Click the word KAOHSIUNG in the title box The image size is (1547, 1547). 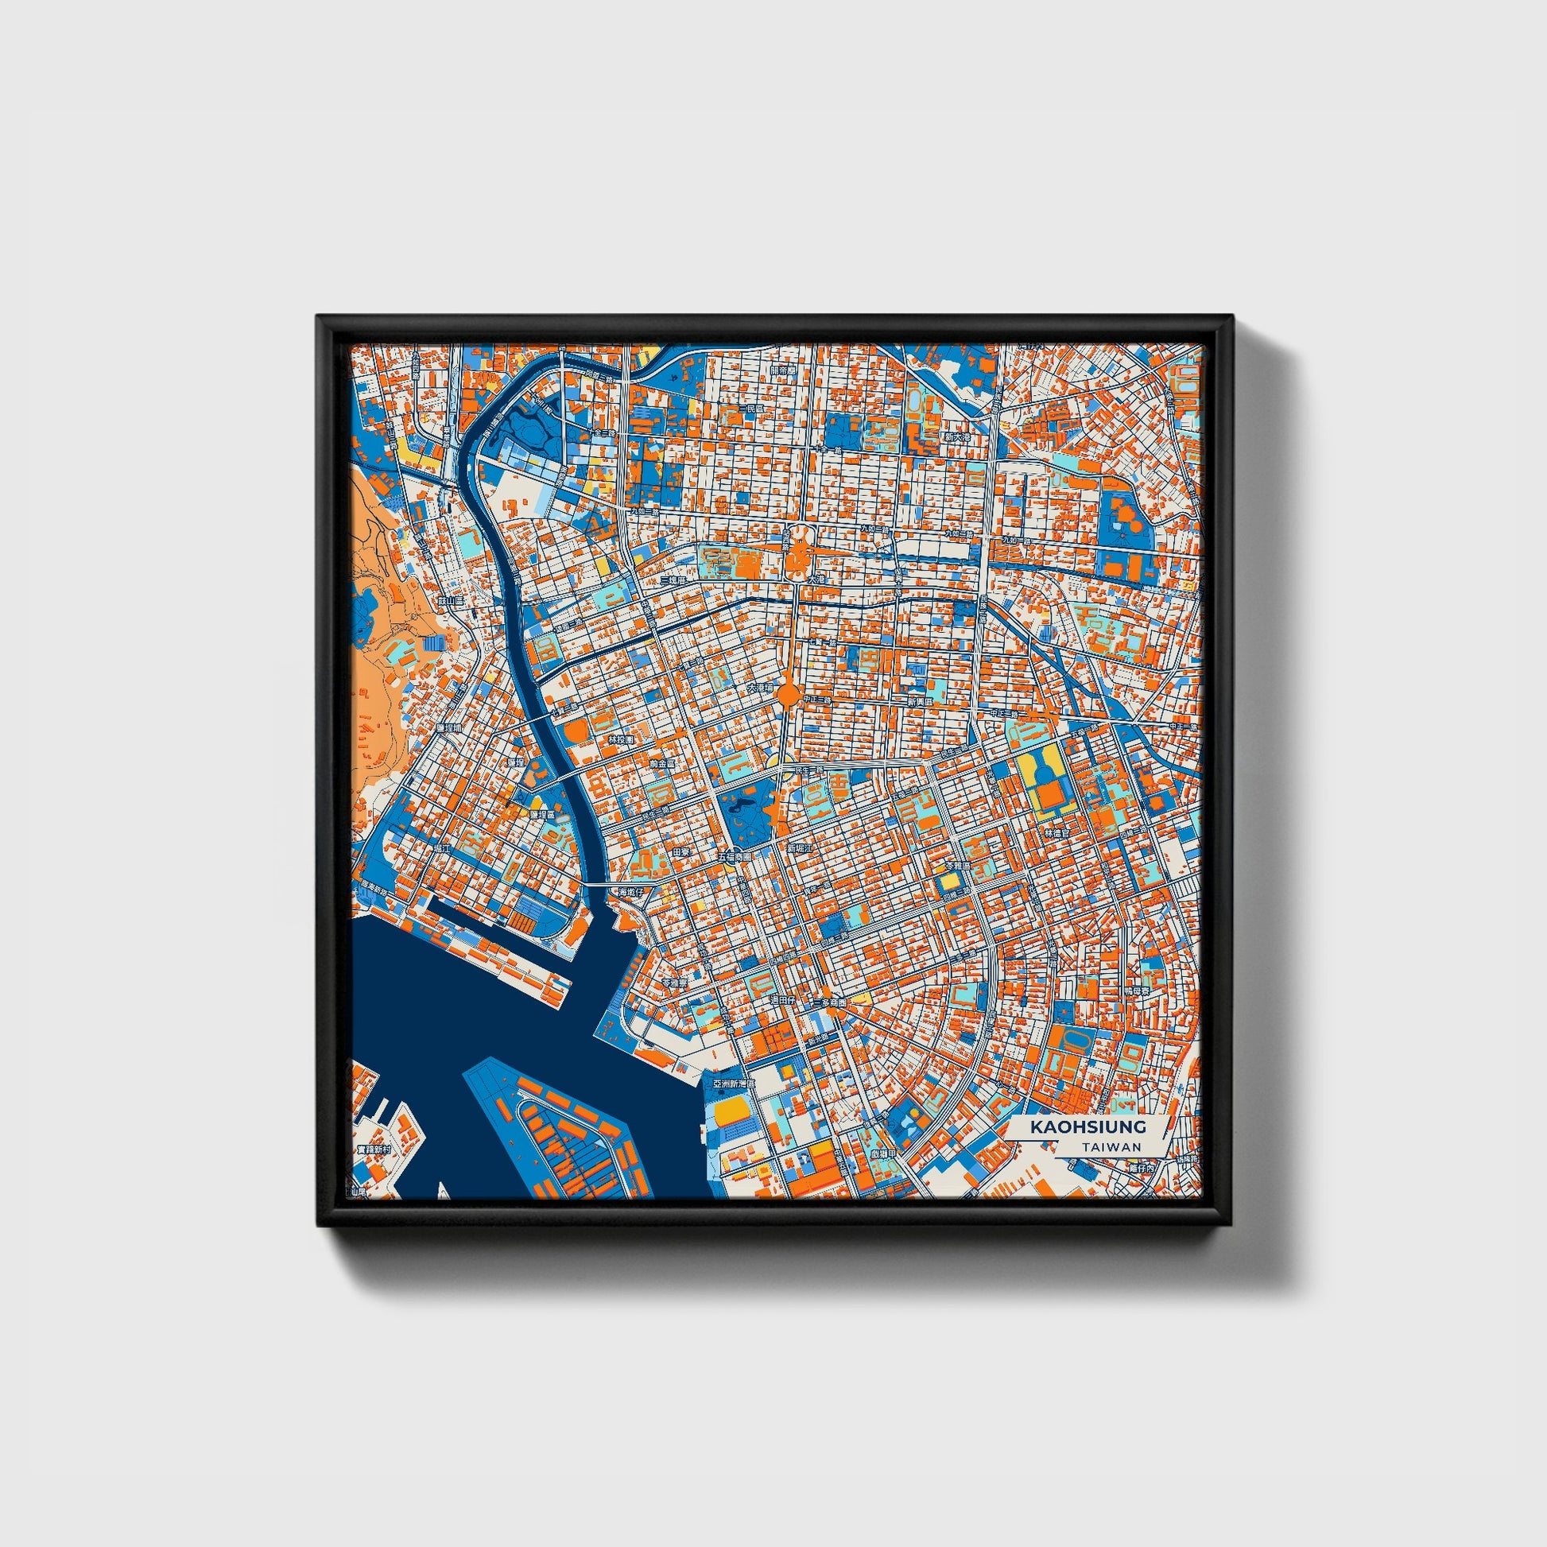[x=1088, y=1126]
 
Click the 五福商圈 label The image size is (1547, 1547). [x=735, y=857]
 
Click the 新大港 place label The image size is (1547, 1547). [x=957, y=437]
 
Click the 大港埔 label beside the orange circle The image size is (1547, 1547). [x=759, y=688]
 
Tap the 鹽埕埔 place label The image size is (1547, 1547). [x=450, y=728]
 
